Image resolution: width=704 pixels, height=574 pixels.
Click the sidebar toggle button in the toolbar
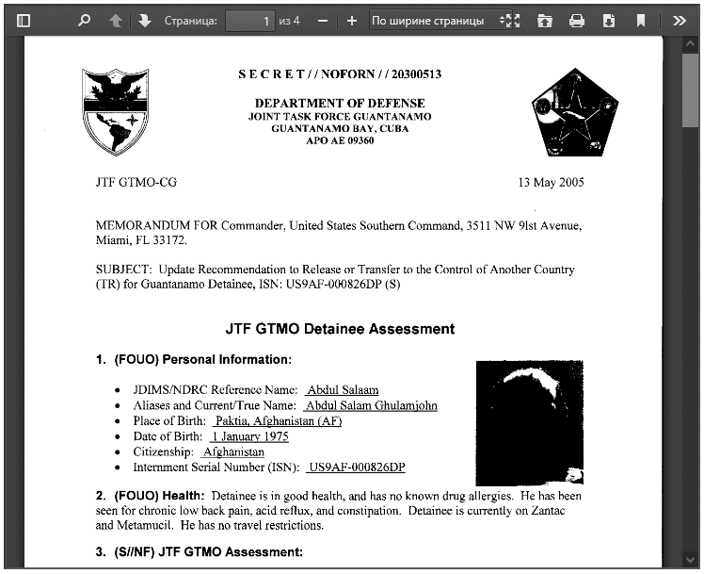(24, 21)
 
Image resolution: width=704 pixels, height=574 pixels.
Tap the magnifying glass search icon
(84, 21)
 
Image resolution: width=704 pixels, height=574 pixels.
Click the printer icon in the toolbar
(577, 21)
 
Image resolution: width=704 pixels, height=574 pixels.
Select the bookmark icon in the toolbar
(640, 21)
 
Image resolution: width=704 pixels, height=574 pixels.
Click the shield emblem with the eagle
(115, 111)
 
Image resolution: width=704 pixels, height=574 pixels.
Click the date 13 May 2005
(551, 182)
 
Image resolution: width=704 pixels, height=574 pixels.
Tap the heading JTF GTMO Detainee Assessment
(340, 329)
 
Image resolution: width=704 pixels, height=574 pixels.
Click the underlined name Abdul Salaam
(342, 390)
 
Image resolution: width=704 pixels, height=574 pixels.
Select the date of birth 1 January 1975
(249, 436)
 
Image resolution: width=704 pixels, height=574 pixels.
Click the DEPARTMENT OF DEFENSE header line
(340, 103)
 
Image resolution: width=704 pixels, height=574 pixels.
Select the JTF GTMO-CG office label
(136, 182)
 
